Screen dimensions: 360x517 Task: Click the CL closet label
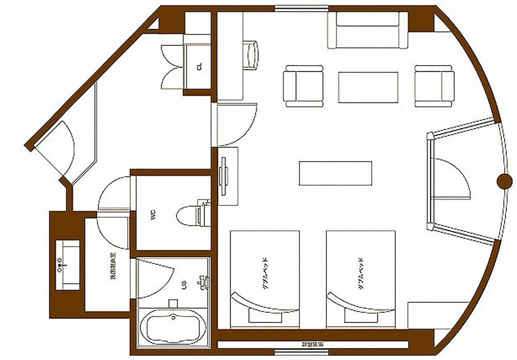[199, 67]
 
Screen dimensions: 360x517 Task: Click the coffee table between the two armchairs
[368, 87]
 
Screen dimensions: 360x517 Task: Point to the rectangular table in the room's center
[336, 173]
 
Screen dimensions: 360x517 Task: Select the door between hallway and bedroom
[235, 124]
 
